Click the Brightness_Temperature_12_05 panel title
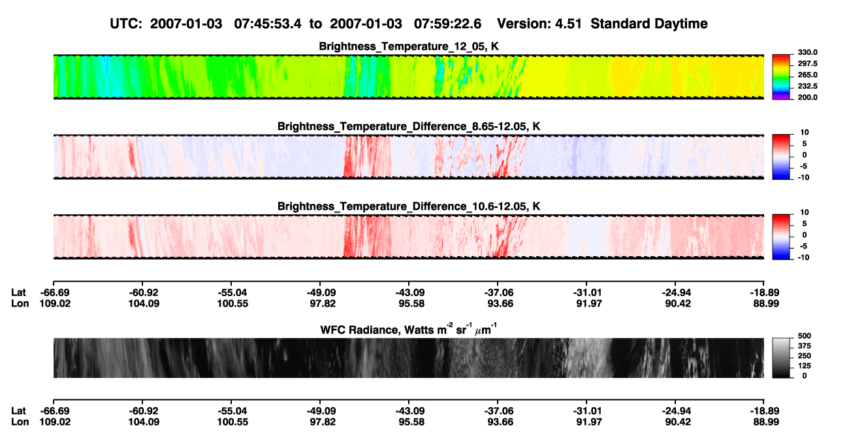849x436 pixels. click(x=409, y=46)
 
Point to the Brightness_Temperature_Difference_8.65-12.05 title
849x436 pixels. click(x=409, y=126)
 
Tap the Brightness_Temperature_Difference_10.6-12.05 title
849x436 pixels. click(x=409, y=207)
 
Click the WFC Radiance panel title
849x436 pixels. click(x=409, y=329)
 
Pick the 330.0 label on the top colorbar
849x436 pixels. click(x=807, y=52)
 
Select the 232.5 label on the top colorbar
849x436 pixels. click(x=807, y=86)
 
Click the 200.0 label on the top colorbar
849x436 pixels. click(x=807, y=97)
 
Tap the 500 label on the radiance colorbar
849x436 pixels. click(x=805, y=336)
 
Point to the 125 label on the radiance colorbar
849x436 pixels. click(x=805, y=366)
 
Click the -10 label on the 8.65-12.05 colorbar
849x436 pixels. click(x=803, y=178)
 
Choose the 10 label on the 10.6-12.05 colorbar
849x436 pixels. click(x=805, y=212)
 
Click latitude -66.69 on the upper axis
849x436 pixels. click(x=55, y=293)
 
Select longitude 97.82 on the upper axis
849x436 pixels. click(x=323, y=303)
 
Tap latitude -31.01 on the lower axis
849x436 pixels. click(x=588, y=411)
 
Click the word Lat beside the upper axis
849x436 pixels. click(x=18, y=293)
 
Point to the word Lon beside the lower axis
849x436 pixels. click(x=20, y=422)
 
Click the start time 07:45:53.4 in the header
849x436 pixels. click(x=268, y=24)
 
